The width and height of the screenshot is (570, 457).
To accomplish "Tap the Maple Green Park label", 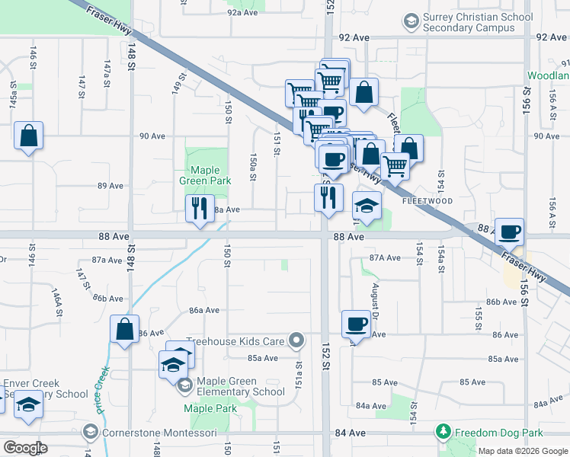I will coord(200,176).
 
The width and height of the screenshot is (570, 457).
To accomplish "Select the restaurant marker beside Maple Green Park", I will coord(200,208).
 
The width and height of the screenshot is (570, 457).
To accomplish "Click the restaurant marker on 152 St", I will coord(328,198).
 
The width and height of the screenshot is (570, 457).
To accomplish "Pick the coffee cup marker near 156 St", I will coord(509,232).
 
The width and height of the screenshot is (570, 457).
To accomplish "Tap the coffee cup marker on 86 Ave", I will coord(356,325).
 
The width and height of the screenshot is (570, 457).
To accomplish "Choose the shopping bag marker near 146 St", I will coord(28,136).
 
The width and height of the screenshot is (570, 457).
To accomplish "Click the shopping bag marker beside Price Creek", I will coord(124,330).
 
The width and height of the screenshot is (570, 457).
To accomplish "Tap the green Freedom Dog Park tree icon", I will coord(444,433).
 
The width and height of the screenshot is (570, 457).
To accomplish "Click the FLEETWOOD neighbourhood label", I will coord(427,201).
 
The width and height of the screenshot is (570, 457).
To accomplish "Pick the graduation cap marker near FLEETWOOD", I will coord(367,206).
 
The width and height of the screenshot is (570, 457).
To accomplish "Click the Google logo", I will coord(24,447).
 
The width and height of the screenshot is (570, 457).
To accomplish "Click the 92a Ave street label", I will coord(244,13).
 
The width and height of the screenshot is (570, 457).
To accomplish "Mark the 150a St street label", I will coord(252,168).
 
